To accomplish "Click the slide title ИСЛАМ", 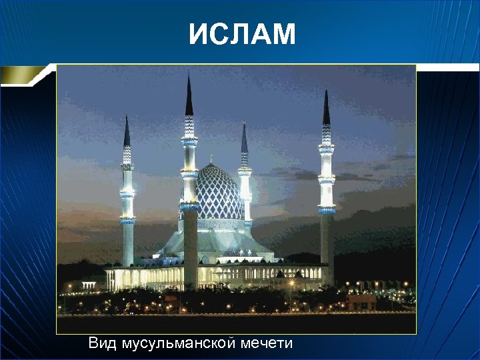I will (x=241, y=35).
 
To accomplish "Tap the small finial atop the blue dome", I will (x=211, y=160).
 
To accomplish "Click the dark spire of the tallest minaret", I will (x=189, y=97).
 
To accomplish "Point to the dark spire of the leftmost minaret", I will (x=127, y=132).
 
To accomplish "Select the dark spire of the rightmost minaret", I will (x=326, y=109).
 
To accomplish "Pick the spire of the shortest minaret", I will (x=244, y=139).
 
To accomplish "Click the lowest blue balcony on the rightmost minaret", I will (x=327, y=210).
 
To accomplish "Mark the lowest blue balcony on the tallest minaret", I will (x=189, y=206).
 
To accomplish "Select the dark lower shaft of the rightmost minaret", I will (x=327, y=247).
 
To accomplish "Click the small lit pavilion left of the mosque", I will (x=89, y=285).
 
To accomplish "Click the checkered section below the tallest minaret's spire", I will (x=189, y=125).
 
